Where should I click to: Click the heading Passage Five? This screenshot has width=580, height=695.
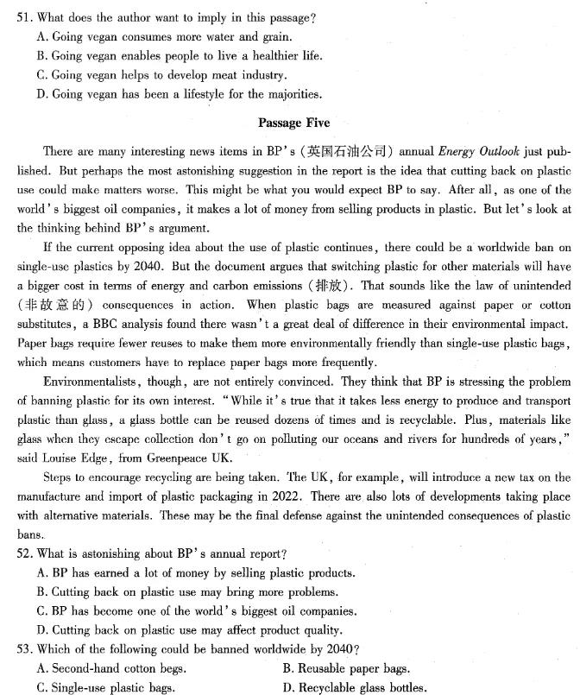[293, 123]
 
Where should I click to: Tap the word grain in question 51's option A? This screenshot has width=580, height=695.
[274, 37]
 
